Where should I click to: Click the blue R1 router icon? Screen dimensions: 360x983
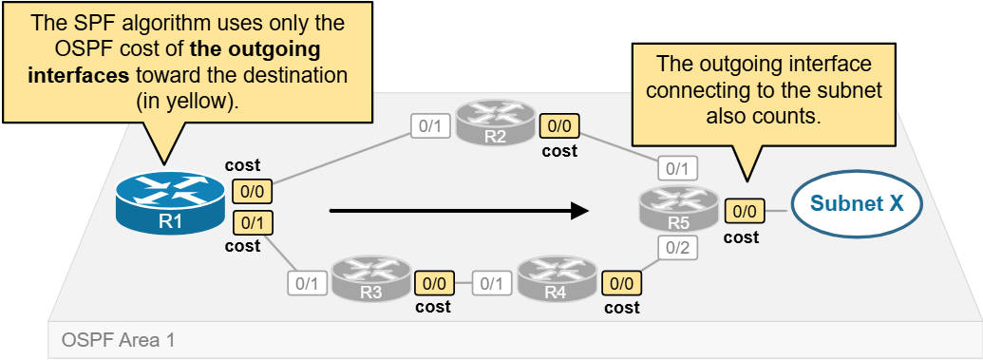pyautogui.click(x=170, y=202)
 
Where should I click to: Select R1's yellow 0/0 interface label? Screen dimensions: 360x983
pyautogui.click(x=251, y=190)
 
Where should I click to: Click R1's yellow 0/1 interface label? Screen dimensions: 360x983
pyautogui.click(x=251, y=224)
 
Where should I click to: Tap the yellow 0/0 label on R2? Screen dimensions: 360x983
pyautogui.click(x=558, y=126)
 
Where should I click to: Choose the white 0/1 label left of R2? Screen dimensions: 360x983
pyautogui.click(x=429, y=125)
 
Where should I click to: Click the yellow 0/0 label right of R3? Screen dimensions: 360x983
pyautogui.click(x=433, y=282)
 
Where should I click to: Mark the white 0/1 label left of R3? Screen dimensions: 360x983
pyautogui.click(x=306, y=282)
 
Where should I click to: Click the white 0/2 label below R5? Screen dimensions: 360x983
pyautogui.click(x=676, y=250)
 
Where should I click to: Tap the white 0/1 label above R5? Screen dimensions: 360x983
pyautogui.click(x=676, y=170)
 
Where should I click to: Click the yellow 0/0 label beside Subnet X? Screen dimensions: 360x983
pyautogui.click(x=742, y=212)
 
